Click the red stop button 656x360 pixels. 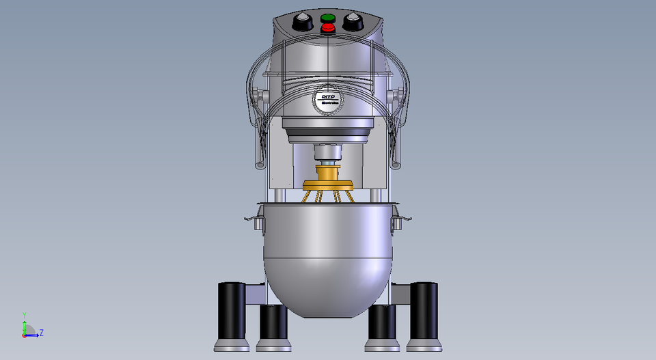point(327,27)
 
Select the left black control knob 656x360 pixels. point(302,23)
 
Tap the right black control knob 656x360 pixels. point(353,23)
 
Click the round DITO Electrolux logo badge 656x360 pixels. point(327,102)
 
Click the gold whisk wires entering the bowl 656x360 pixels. point(327,197)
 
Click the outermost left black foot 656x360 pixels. point(231,314)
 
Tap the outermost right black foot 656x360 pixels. point(424,314)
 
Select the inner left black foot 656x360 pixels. point(273,327)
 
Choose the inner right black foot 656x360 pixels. point(382,327)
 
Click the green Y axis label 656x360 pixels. point(24,315)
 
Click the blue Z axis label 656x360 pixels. point(42,333)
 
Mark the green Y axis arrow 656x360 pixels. point(24,325)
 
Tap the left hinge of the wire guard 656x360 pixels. point(258,95)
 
